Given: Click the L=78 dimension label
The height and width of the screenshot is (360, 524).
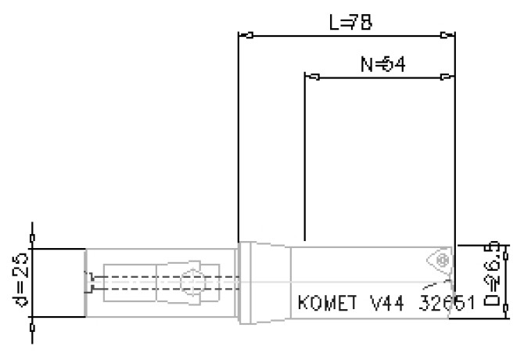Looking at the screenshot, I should [x=350, y=23].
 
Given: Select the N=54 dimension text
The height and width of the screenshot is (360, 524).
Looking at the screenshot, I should [x=382, y=64].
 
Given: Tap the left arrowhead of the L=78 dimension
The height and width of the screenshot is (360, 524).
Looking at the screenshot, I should [x=246, y=35].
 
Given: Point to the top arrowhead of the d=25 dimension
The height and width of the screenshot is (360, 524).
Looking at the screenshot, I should [x=32, y=237].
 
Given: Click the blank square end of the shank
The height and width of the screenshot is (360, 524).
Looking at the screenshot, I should [x=59, y=283].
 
